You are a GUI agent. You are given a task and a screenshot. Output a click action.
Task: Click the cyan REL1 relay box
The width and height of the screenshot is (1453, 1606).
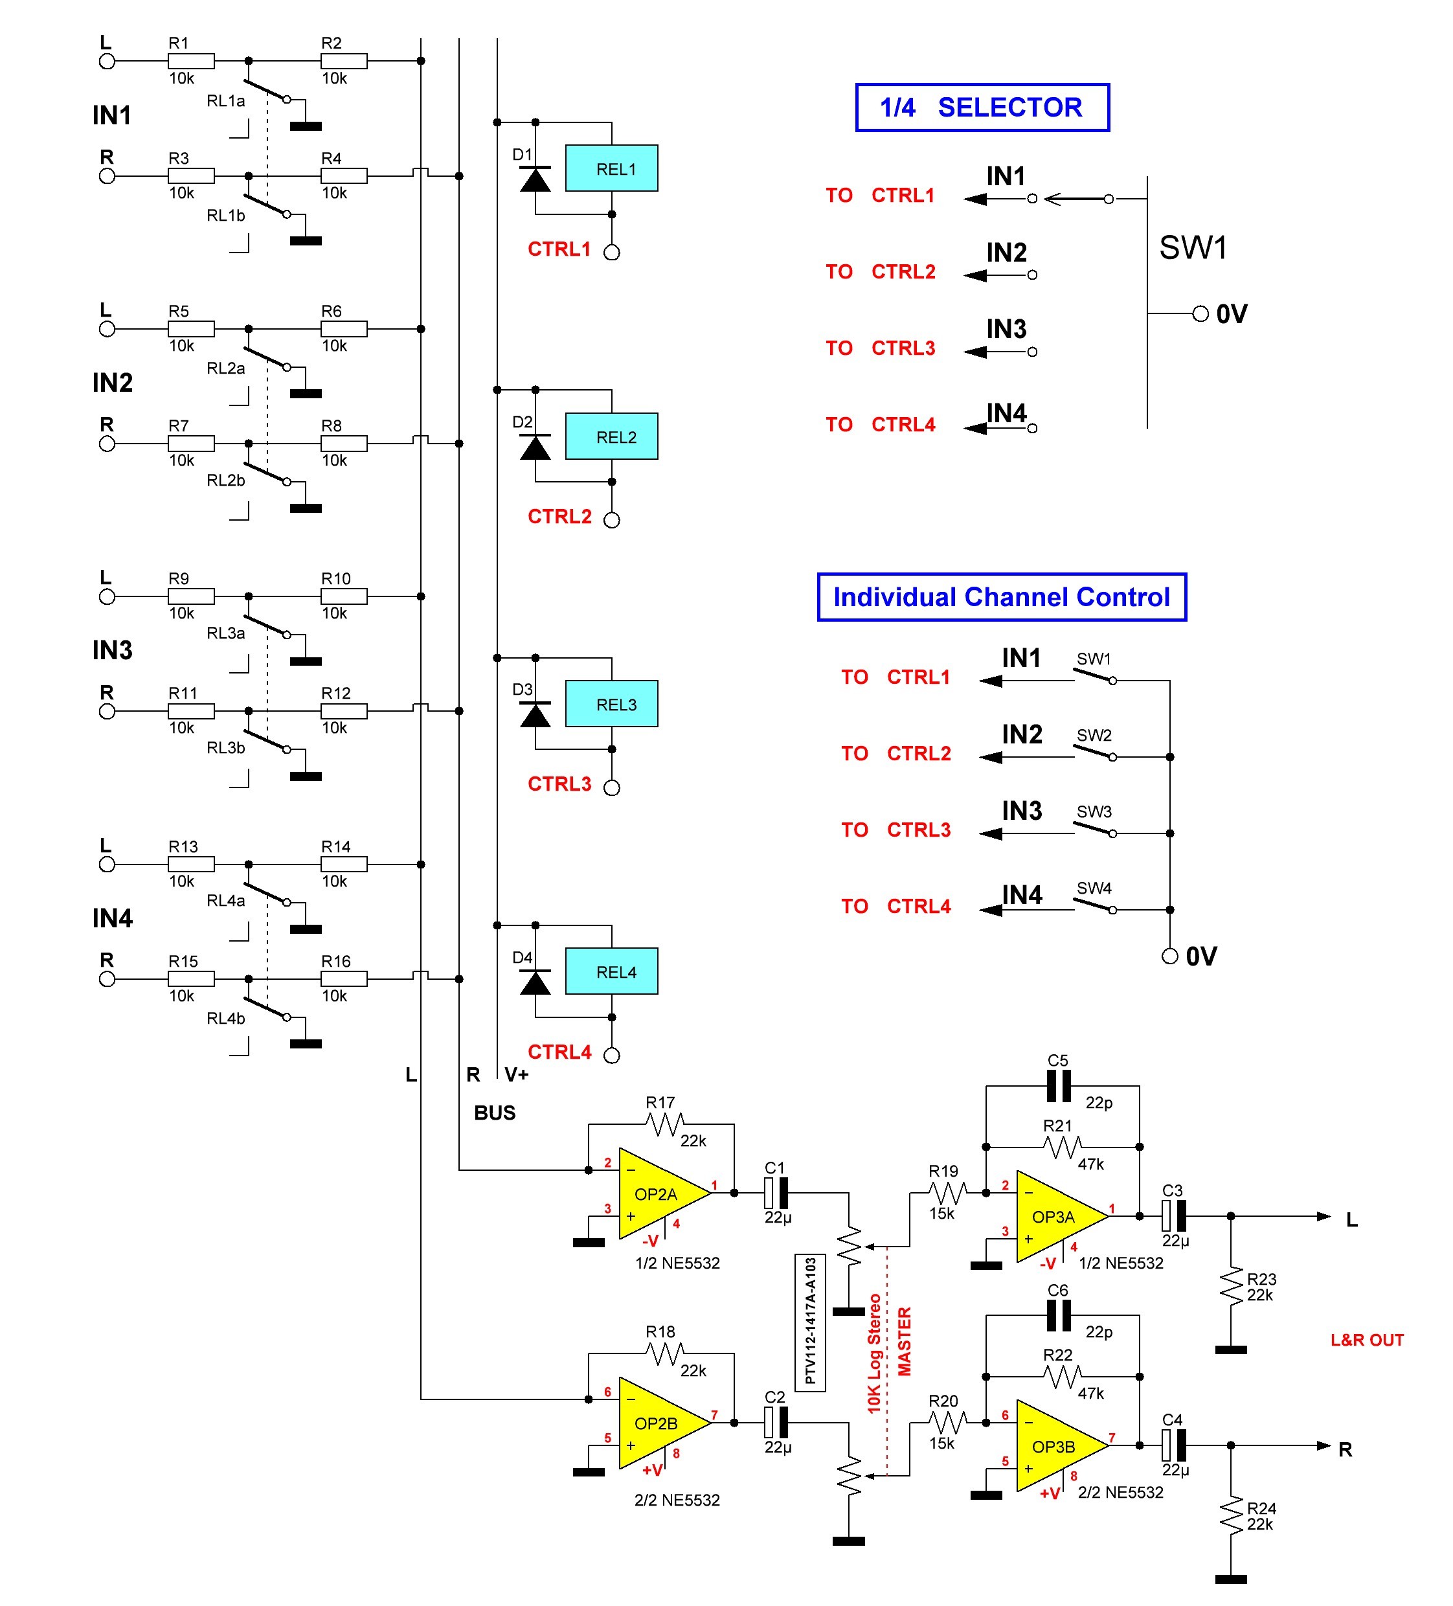(611, 168)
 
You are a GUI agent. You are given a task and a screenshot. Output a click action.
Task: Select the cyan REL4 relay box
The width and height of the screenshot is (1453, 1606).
(611, 971)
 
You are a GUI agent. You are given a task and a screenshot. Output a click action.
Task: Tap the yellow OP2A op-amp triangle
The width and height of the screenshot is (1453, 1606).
(658, 1193)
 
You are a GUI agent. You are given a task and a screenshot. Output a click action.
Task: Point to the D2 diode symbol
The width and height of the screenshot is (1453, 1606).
(535, 447)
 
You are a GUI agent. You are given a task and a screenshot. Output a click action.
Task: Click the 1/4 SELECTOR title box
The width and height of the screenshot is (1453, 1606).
(982, 107)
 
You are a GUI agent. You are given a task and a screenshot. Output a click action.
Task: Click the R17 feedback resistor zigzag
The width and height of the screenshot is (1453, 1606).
(664, 1124)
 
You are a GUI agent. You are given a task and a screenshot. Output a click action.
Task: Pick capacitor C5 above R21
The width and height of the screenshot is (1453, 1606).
(1058, 1086)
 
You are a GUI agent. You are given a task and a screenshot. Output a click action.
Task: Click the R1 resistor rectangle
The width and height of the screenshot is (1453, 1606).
(191, 60)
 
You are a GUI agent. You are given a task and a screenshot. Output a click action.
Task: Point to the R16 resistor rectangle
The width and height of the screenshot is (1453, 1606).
(344, 978)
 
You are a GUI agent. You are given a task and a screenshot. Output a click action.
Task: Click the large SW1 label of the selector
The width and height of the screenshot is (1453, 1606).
(1193, 248)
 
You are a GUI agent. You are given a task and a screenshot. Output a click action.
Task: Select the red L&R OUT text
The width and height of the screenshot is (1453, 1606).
(1367, 1340)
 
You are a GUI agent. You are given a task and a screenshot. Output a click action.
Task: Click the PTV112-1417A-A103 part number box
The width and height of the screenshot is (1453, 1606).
(809, 1322)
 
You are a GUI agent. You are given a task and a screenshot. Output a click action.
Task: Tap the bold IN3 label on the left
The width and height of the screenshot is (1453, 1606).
(112, 650)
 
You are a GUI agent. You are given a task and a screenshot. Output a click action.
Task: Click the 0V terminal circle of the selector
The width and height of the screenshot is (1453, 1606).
(1200, 314)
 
